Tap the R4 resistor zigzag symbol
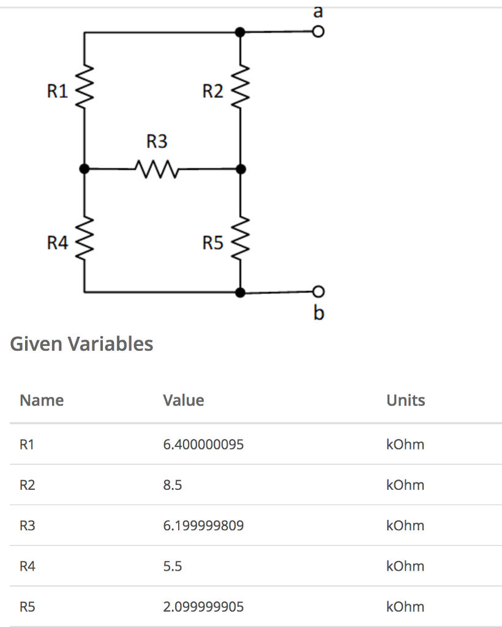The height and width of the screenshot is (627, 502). (84, 243)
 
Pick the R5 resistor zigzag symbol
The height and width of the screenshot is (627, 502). (240, 243)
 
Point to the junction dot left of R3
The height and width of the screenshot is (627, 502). (84, 168)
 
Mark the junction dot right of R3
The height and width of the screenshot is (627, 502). (241, 168)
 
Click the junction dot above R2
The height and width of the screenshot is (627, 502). (241, 32)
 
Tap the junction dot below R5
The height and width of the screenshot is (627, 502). (241, 293)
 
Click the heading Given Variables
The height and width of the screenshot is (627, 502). (81, 344)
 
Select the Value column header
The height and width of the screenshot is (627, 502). (184, 400)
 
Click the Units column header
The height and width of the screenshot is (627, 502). (405, 400)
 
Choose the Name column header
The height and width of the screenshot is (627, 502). (42, 400)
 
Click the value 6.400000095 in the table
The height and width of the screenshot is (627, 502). (203, 445)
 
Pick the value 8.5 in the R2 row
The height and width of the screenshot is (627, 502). (173, 485)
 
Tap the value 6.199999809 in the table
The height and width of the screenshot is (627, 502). (203, 525)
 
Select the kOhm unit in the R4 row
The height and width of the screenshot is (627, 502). (405, 566)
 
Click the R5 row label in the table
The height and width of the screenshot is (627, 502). (28, 607)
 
